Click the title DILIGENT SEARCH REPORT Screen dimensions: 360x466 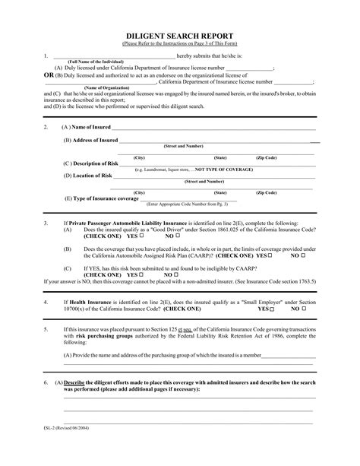180,36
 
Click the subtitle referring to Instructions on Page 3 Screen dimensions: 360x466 180,44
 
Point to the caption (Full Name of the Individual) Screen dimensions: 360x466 96,61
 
